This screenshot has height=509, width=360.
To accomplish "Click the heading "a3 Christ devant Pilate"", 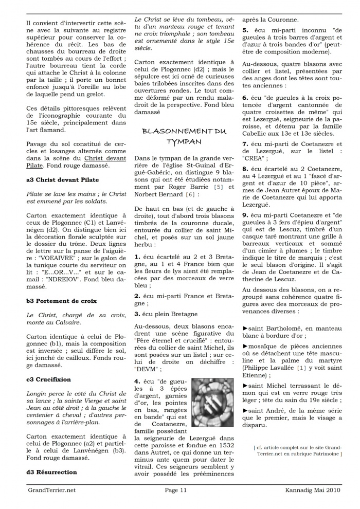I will [x=62, y=180].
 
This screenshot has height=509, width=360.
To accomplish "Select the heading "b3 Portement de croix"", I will [x=61, y=300].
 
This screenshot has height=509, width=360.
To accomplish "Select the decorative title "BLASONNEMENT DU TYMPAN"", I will [x=184, y=136].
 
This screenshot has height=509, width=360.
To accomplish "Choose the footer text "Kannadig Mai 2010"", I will [x=313, y=490].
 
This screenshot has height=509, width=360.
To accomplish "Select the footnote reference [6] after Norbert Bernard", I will [x=190, y=195].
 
